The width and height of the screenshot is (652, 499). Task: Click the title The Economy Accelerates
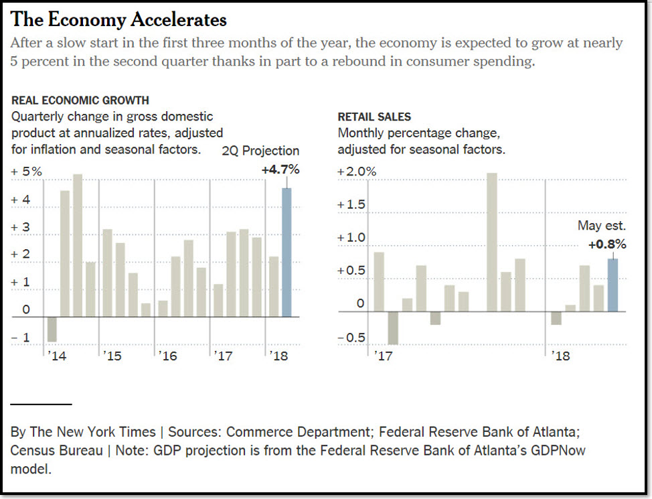click(x=119, y=20)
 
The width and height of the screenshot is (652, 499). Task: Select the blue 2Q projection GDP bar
click(x=287, y=253)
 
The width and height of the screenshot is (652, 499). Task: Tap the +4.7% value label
click(x=280, y=169)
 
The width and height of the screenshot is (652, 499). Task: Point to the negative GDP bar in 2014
click(x=52, y=329)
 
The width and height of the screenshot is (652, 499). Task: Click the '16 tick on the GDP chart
click(x=168, y=356)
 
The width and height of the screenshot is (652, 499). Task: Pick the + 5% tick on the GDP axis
click(x=26, y=172)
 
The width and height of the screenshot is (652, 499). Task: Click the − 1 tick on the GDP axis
click(x=21, y=338)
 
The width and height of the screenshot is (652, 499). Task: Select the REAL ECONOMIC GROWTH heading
click(x=80, y=100)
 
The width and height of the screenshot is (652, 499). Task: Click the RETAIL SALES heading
click(x=374, y=117)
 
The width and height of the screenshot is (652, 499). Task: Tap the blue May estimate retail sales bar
click(x=613, y=285)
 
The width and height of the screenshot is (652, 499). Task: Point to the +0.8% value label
click(x=607, y=245)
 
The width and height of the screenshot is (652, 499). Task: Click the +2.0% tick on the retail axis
click(x=357, y=172)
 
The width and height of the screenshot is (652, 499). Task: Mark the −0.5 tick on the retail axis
click(x=351, y=338)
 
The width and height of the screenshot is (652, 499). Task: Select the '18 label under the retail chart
click(x=561, y=356)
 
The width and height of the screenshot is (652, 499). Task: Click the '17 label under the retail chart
click(x=384, y=356)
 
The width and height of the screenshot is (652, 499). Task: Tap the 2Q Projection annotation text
click(x=260, y=151)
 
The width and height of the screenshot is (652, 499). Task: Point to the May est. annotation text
click(x=602, y=226)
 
